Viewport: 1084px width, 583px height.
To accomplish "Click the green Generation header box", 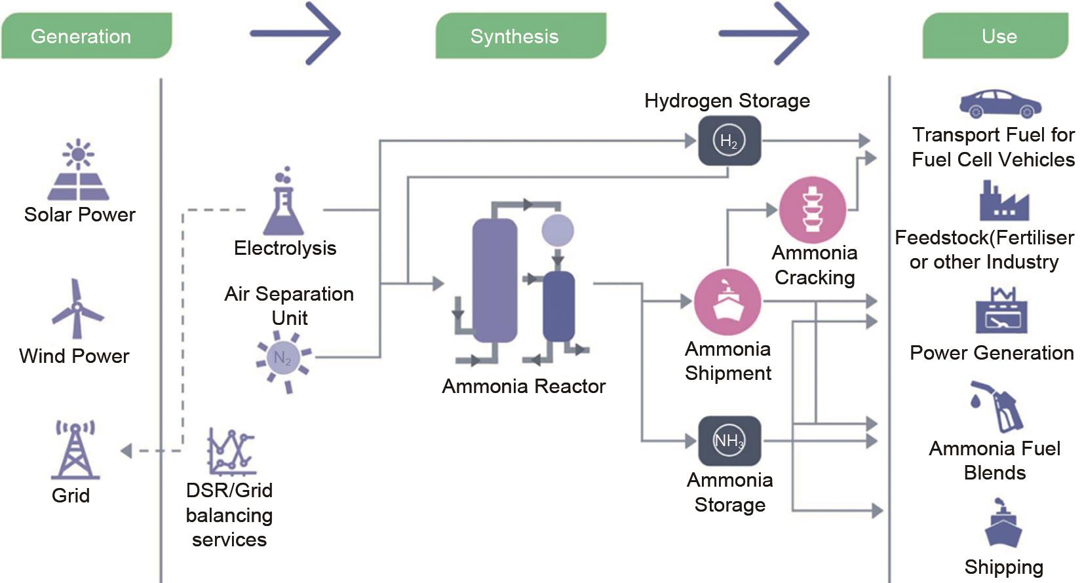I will pos(86,36).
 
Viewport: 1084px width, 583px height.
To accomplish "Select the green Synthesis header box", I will pos(520,36).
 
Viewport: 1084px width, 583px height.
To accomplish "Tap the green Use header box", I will pos(996,36).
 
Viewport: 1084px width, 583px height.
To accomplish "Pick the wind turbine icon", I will pos(77,309).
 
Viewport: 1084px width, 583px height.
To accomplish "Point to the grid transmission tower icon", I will pos(75,450).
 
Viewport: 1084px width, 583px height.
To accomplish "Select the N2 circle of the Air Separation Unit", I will pos(283,358).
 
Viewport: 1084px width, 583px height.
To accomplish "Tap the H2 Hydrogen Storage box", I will pos(729,141).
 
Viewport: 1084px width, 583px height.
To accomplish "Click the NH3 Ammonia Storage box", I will pos(729,441).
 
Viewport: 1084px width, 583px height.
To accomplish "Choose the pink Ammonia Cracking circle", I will pos(813,210).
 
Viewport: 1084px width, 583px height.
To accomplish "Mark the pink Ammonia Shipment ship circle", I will pos(727,302).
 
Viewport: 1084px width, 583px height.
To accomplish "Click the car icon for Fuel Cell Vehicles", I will pos(1000,103).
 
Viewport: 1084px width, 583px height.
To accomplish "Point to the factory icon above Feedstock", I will pos(1003,202).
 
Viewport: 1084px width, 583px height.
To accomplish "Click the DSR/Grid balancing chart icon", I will pos(230,451).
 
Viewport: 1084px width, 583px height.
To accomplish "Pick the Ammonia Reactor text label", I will pos(524,386).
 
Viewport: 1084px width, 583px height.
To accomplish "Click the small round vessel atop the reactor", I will pos(558,230).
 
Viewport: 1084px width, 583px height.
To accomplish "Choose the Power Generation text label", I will pos(992,353).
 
